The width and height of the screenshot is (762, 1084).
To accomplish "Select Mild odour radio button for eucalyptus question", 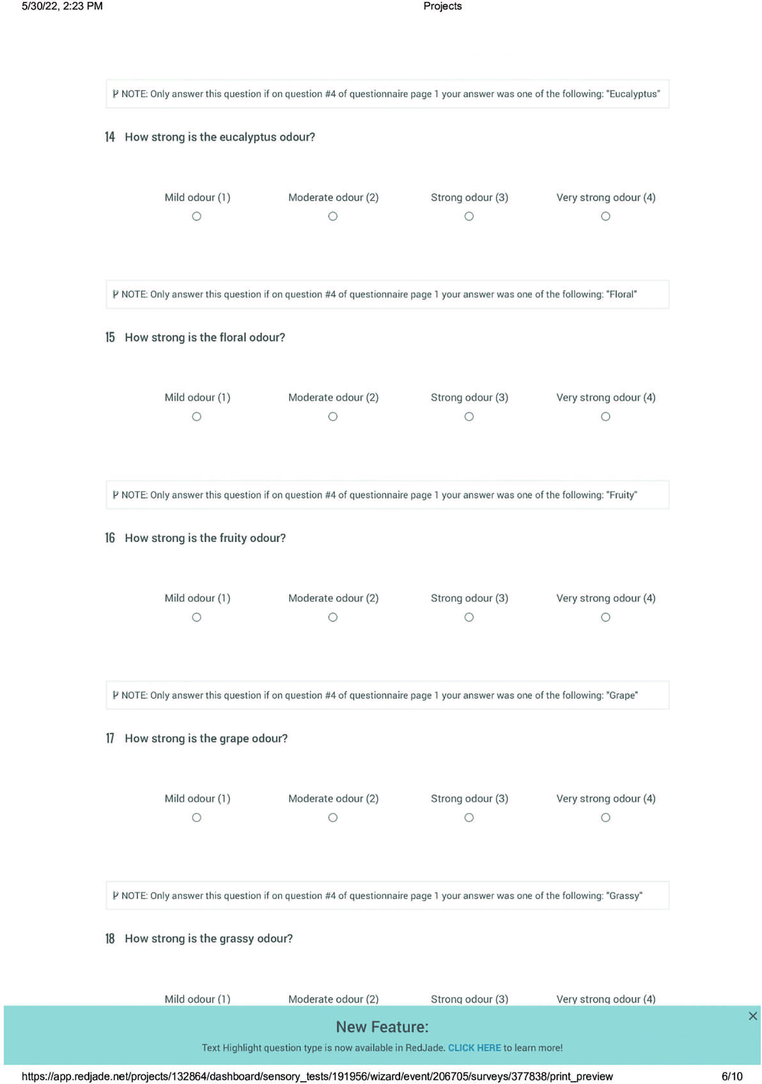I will [196, 216].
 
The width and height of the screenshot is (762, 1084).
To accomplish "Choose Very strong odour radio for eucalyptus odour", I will [605, 216].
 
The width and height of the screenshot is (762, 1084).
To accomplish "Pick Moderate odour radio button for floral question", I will [333, 416].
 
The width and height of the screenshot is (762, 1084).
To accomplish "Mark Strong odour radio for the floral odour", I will [469, 416].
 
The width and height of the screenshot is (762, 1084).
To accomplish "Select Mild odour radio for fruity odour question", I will [196, 617].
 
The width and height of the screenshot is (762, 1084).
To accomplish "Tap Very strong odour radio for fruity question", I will [605, 617].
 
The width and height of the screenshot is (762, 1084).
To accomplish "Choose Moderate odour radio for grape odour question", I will [333, 817].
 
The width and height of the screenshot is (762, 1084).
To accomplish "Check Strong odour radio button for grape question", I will [469, 817].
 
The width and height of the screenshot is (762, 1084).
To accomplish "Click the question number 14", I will [110, 137].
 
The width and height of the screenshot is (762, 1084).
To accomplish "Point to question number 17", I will [110, 738].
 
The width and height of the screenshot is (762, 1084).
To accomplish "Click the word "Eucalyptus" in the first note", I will [633, 94].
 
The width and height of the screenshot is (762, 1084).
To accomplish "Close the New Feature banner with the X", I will [752, 1016].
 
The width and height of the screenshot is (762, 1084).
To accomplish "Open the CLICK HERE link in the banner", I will [474, 1048].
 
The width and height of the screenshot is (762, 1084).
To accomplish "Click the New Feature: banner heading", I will [382, 1026].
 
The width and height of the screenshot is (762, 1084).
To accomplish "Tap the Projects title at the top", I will [442, 6].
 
